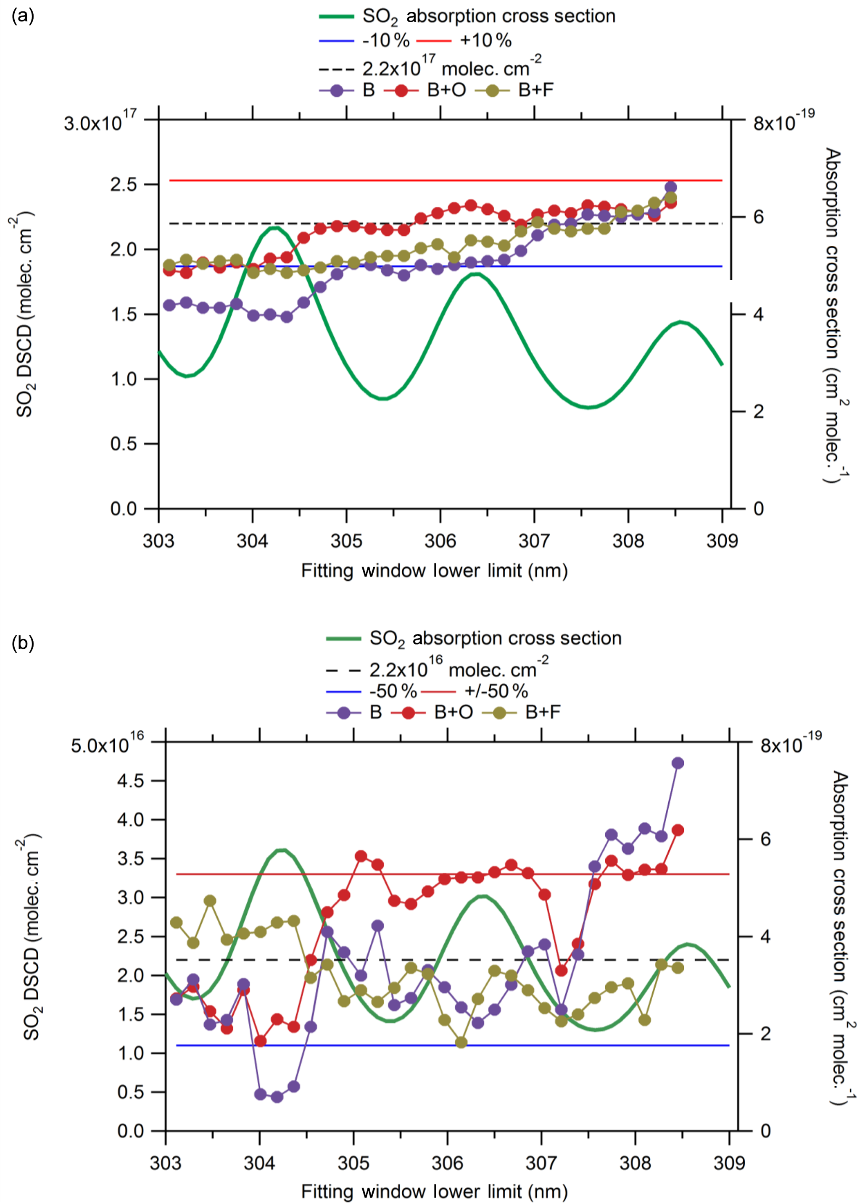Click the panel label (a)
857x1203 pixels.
tap(22, 16)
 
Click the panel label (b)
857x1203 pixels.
tap(22, 643)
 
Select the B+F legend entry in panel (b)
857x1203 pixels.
tap(543, 712)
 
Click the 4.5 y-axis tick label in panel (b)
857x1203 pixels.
tap(130, 780)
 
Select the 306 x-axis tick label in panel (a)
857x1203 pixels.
tap(440, 541)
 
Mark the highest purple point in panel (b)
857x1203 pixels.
tap(678, 763)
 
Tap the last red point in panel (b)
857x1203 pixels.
tap(678, 830)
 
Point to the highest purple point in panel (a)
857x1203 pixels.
tap(671, 187)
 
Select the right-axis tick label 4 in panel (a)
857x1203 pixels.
tap(758, 314)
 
